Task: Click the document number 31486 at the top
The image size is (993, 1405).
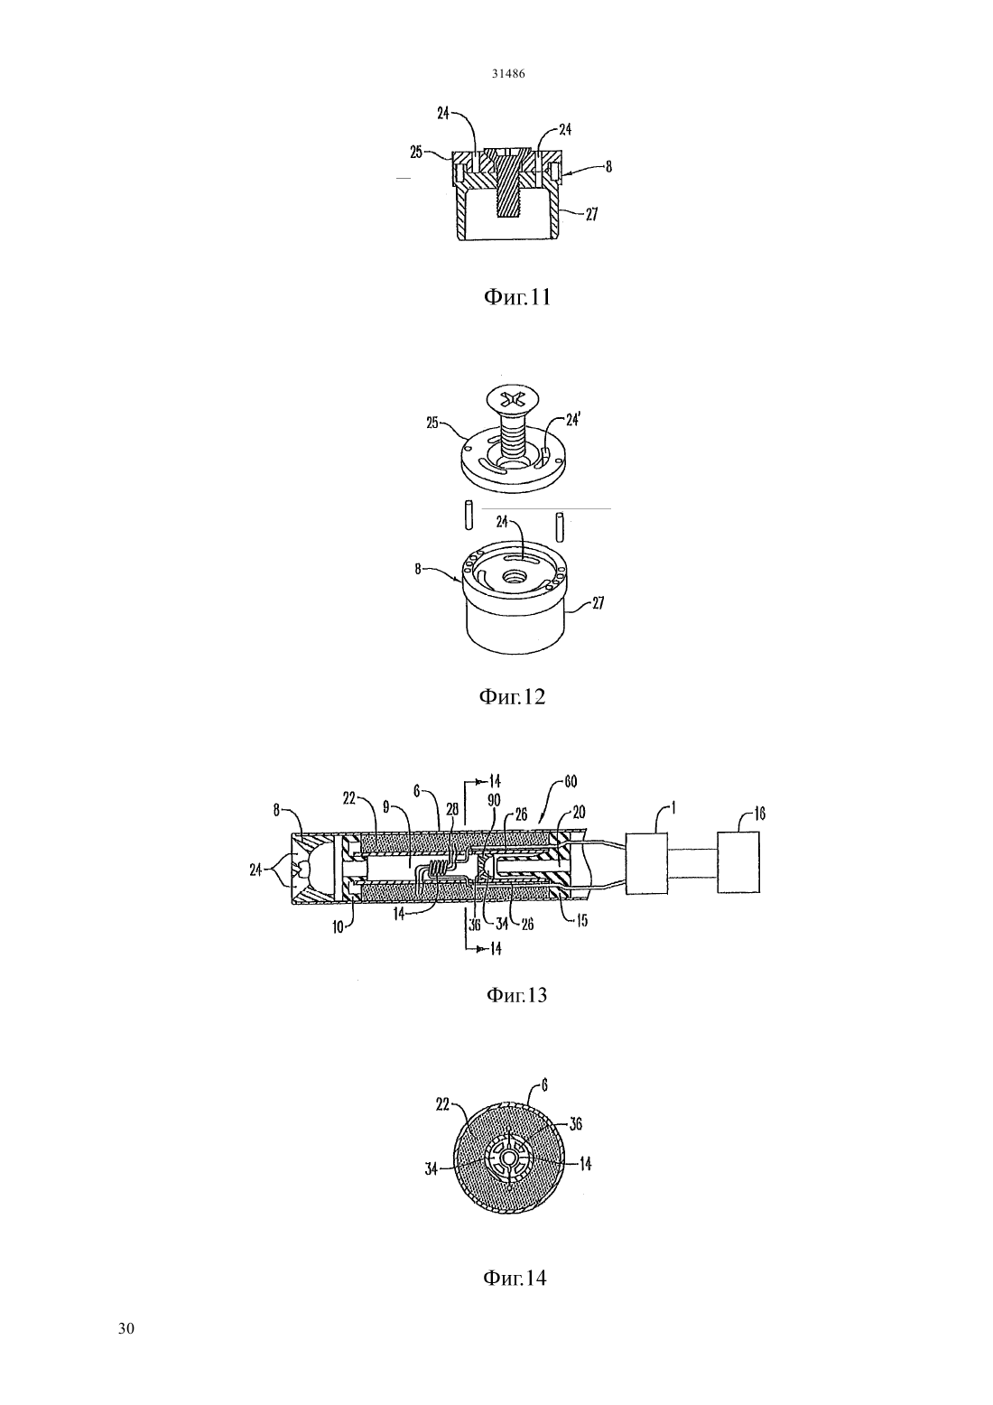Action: point(508,73)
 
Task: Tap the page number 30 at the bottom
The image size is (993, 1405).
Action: point(126,1328)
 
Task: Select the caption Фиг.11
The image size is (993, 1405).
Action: point(517,297)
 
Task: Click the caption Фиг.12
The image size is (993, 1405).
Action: point(512,696)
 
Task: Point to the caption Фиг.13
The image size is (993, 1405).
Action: point(516,995)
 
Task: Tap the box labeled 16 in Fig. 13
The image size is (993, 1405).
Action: point(738,861)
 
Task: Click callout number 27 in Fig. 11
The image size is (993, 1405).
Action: point(590,215)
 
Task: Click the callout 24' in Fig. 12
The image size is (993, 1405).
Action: point(573,420)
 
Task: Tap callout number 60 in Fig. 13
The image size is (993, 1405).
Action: point(570,782)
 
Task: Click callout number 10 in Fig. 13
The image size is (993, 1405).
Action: point(339,927)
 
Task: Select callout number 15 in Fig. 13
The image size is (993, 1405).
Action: point(581,922)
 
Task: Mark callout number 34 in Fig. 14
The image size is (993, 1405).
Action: point(432,1169)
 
